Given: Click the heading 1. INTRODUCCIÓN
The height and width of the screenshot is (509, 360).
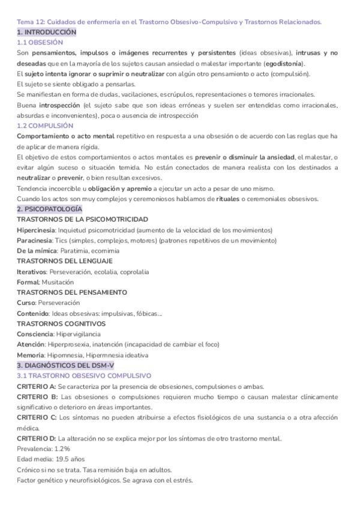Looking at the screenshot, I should click(x=47, y=32).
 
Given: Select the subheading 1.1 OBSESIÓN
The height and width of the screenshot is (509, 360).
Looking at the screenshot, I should click(x=40, y=43).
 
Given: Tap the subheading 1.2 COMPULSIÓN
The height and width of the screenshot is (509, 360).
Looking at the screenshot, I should click(x=45, y=126).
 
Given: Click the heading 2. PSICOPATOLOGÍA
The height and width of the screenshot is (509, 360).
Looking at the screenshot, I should click(x=50, y=209).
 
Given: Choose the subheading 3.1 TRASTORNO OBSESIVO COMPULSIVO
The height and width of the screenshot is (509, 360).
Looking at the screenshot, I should click(x=84, y=376).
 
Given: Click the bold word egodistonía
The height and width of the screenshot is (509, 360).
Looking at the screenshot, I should click(x=284, y=64).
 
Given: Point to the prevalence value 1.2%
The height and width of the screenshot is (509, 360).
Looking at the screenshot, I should click(x=63, y=448).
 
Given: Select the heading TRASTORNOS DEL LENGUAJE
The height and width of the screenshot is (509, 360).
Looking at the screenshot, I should click(x=65, y=261).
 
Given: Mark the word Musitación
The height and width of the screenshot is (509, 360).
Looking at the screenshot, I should click(x=58, y=282).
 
